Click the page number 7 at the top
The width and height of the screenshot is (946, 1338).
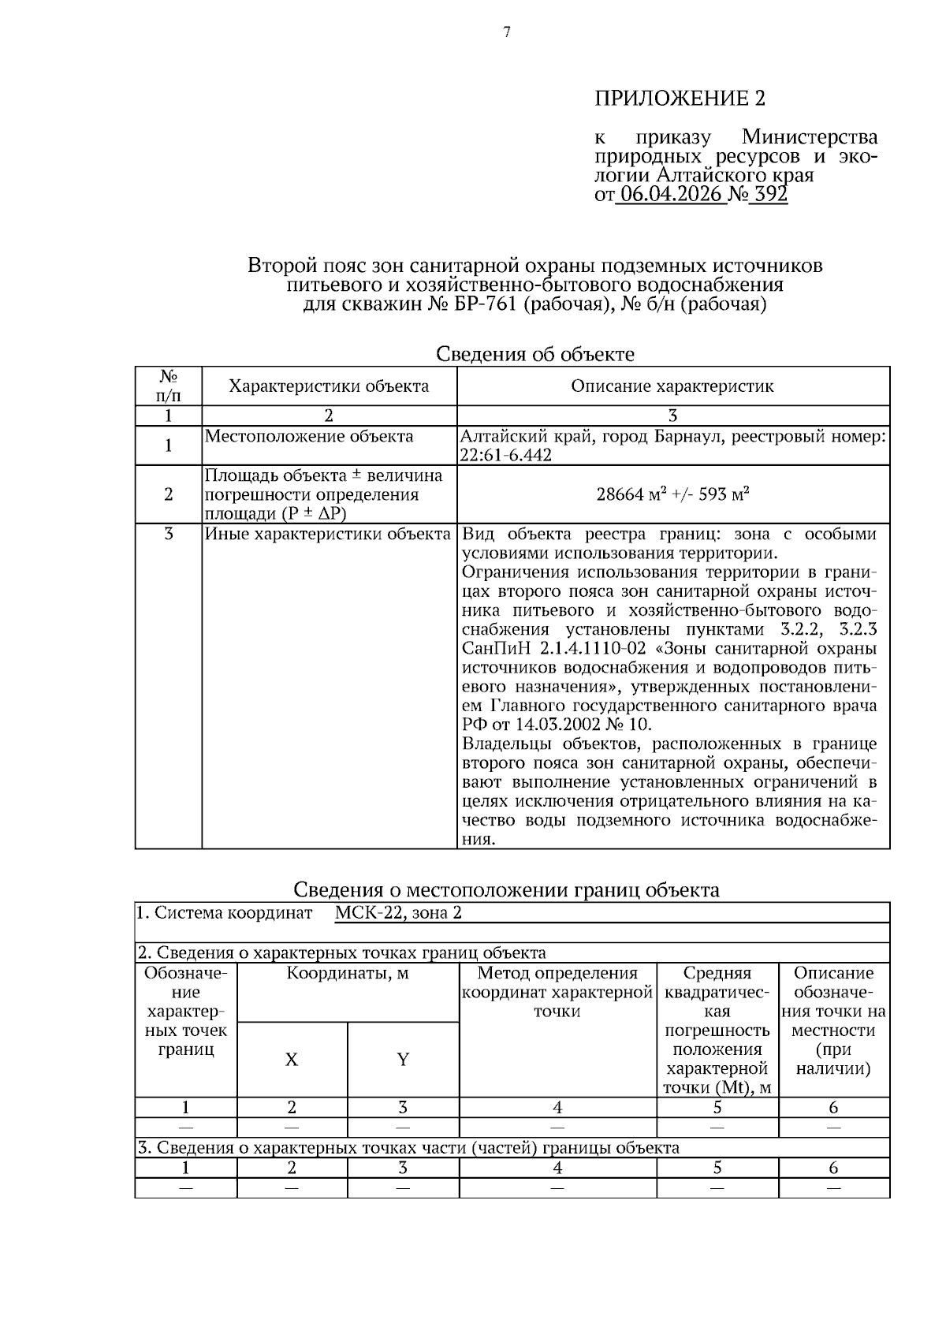pos(507,32)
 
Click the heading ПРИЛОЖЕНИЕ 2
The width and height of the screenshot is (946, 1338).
pos(680,99)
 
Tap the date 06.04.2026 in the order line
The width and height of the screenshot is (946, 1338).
pos(671,195)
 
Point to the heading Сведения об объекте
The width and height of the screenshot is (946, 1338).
pos(535,355)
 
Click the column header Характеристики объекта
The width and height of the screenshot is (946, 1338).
pos(329,386)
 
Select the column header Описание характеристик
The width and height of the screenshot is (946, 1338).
pos(672,386)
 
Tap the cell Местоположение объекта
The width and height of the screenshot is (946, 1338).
pos(309,437)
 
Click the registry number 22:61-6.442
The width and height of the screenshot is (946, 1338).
pos(506,456)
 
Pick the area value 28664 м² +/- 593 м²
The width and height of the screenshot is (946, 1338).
pos(672,494)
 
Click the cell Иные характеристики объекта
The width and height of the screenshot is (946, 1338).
pos(328,535)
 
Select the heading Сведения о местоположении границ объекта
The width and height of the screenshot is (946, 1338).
pos(506,890)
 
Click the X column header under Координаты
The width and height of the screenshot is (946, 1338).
pos(292,1060)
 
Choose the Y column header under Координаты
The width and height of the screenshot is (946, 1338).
pos(403,1060)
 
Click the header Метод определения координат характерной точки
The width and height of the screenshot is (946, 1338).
pos(557,993)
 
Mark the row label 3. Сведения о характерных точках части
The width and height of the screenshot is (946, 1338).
pos(408,1148)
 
